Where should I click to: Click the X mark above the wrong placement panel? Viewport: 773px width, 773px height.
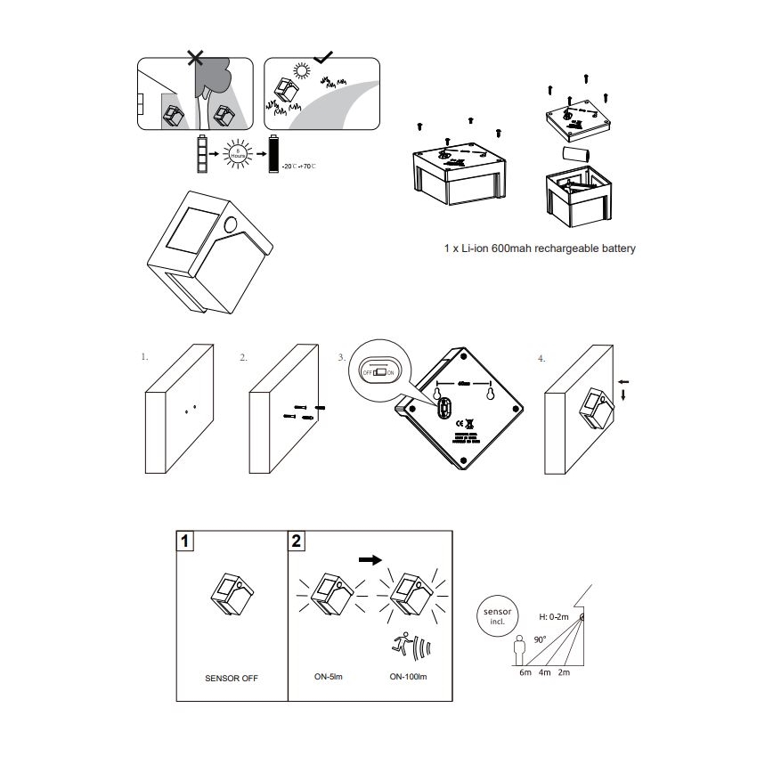tap(196, 59)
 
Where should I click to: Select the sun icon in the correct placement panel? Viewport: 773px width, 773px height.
tap(303, 72)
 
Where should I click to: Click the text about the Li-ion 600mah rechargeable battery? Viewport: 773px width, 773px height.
tap(540, 248)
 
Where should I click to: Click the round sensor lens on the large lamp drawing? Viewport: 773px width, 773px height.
tap(232, 224)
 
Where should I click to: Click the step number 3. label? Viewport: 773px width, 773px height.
tap(341, 357)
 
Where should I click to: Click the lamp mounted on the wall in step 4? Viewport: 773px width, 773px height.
tap(594, 407)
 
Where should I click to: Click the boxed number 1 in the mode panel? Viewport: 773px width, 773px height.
tap(184, 541)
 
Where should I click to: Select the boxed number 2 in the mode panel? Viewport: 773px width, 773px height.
tap(297, 541)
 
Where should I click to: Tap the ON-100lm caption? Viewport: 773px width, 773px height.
tap(410, 677)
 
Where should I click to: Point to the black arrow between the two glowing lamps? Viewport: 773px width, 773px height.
tap(369, 560)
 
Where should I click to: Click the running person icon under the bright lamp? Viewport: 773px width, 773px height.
tap(403, 644)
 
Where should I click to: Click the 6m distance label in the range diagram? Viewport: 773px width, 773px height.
tap(525, 673)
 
